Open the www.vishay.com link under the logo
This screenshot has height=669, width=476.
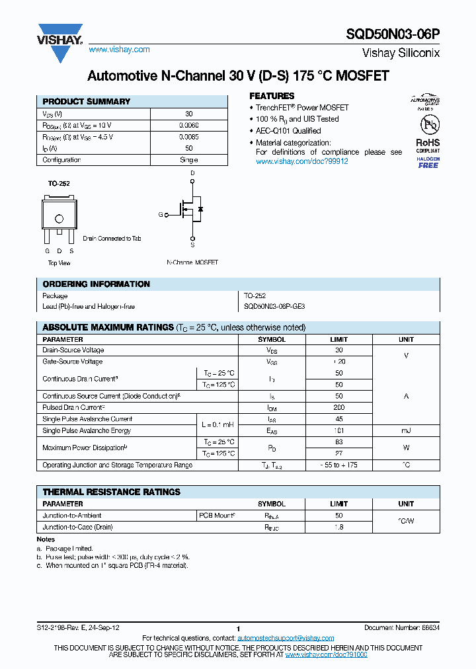point(119,50)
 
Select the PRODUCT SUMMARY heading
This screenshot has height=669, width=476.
point(86,102)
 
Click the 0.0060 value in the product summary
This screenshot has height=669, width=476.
point(188,125)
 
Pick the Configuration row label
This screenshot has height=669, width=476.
point(61,160)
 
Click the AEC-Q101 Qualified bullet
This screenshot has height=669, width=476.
point(288,131)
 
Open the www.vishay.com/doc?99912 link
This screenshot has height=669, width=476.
point(301,161)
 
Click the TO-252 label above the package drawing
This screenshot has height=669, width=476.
point(59,184)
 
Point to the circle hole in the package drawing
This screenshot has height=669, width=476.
point(59,219)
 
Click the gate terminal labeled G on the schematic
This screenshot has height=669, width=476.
point(160,214)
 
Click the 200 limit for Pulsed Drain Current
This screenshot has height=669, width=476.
point(338,408)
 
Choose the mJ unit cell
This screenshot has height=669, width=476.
point(406,430)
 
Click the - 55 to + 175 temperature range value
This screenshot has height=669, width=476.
point(338,465)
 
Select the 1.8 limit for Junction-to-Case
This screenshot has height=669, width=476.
point(338,527)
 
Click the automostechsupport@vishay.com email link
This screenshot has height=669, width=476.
point(286,638)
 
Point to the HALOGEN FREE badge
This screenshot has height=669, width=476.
point(428,162)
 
